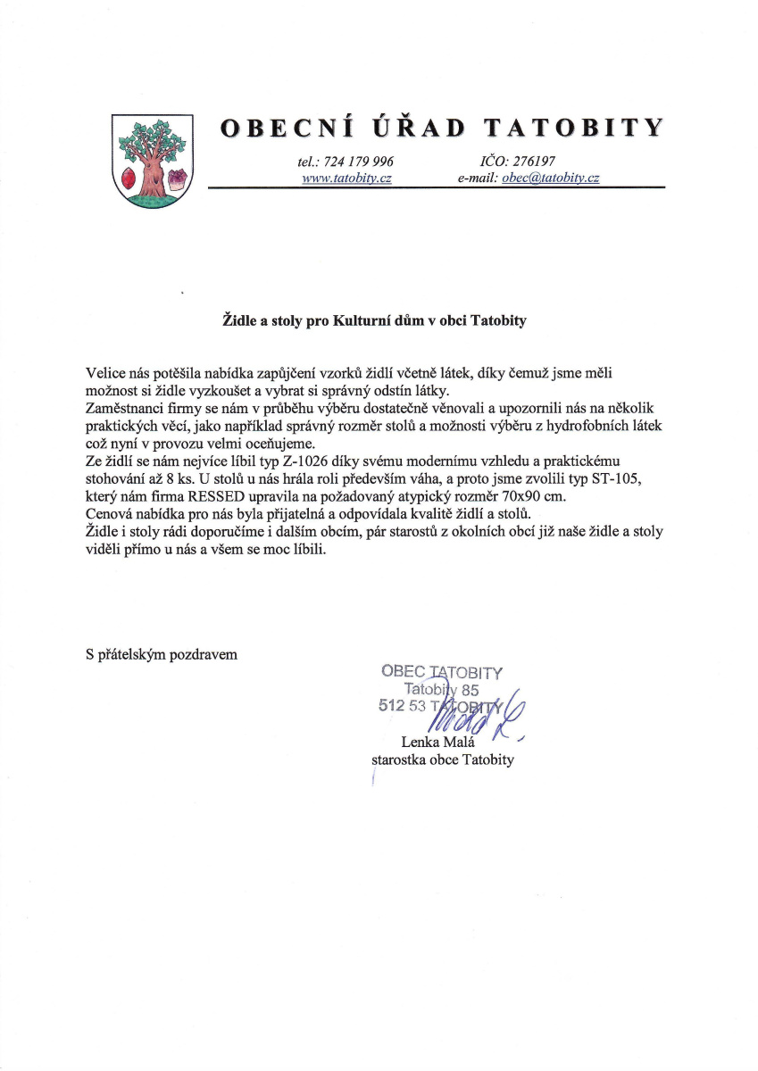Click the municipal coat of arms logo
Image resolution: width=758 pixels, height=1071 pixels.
tap(152, 161)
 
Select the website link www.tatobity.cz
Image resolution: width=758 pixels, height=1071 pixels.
tap(347, 178)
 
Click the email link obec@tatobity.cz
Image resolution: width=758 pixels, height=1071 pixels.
tap(551, 178)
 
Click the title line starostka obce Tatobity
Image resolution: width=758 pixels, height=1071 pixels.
tap(443, 760)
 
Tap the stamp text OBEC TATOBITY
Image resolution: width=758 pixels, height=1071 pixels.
tap(442, 671)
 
